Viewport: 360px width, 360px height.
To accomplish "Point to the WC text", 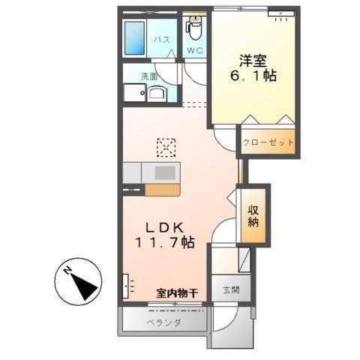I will (195, 51).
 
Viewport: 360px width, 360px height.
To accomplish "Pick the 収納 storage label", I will (253, 217).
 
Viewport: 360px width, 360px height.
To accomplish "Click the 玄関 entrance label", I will (227, 289).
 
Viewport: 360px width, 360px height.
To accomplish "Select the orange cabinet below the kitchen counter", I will (161, 190).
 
